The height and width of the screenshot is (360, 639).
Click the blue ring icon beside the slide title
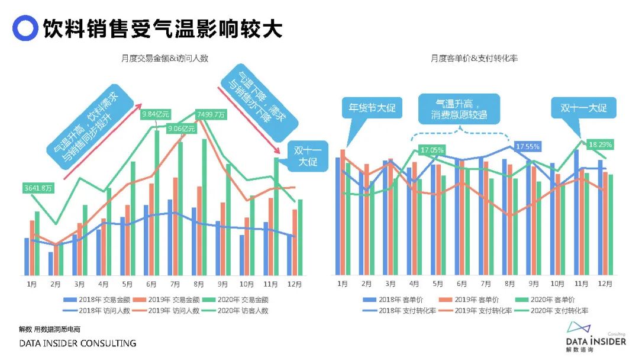point(25,28)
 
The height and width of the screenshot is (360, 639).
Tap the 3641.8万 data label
point(38,188)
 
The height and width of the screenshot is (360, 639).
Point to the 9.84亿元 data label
point(156,114)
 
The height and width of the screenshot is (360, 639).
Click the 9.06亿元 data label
point(182,128)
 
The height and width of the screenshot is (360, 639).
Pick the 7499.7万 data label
point(211,114)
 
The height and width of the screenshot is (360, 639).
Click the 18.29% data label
point(599,144)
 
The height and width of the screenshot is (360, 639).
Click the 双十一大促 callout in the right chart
point(583,109)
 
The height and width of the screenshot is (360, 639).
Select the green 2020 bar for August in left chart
point(205,207)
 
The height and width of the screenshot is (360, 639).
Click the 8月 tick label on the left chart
point(199,284)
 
